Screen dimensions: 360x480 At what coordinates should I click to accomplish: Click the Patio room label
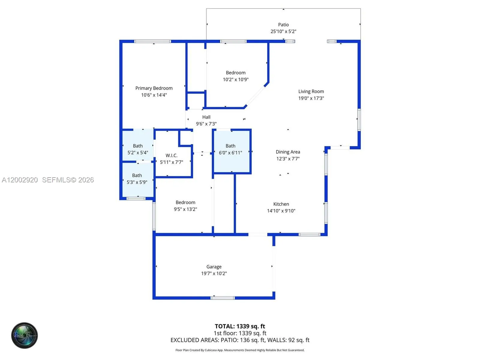(x=283, y=25)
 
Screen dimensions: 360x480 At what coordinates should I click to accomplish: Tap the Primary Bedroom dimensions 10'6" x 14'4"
(x=154, y=95)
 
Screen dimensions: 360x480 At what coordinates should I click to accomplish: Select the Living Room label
(x=311, y=91)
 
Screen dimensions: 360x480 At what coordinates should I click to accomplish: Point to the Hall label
(x=206, y=117)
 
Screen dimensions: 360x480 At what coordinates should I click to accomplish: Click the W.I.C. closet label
(x=171, y=155)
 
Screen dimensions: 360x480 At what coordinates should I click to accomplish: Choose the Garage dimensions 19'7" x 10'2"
(x=214, y=273)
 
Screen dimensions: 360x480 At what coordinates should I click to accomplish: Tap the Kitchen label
(x=281, y=204)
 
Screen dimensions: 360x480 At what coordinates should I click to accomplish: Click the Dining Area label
(x=288, y=152)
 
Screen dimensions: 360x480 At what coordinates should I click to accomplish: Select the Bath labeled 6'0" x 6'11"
(x=230, y=146)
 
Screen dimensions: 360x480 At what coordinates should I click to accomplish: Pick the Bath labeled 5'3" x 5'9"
(x=137, y=175)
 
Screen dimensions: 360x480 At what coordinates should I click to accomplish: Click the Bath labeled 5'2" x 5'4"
(x=138, y=146)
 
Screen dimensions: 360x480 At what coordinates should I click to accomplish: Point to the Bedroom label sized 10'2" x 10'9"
(x=235, y=73)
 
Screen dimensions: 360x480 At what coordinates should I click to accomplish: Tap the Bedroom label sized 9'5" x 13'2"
(x=185, y=202)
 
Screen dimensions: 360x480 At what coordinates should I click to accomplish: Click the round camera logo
(x=24, y=335)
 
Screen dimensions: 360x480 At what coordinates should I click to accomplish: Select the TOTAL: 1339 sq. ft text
(x=240, y=326)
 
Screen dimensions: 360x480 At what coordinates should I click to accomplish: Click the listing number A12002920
(x=20, y=180)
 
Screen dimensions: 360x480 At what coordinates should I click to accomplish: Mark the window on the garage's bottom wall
(x=222, y=298)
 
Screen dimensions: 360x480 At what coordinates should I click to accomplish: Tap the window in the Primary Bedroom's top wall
(x=152, y=41)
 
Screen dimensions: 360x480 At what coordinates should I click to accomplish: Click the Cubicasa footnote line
(x=240, y=350)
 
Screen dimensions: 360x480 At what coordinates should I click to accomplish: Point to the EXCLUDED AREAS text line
(x=240, y=340)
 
